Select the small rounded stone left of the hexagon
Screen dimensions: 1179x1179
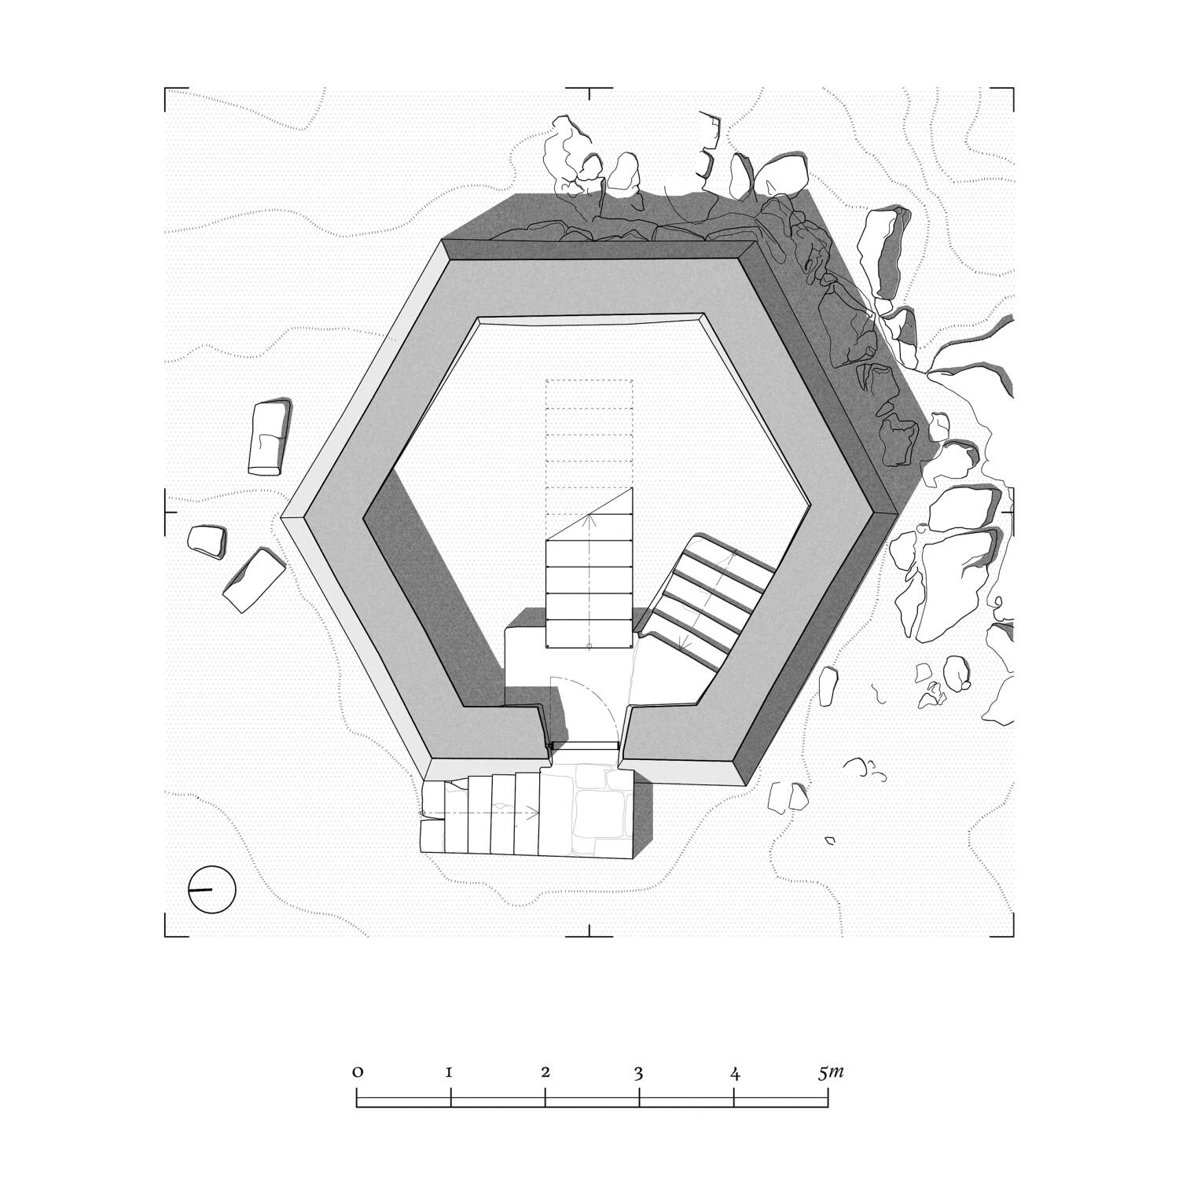(207, 541)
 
